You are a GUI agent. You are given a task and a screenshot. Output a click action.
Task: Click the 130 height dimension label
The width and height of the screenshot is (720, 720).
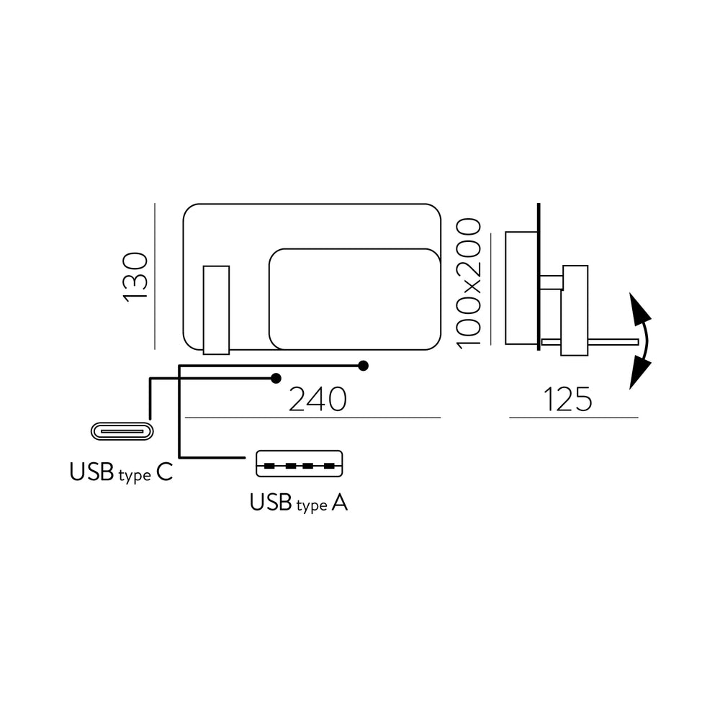point(136,277)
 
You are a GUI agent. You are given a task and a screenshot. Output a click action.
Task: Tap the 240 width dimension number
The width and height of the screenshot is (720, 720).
point(318,400)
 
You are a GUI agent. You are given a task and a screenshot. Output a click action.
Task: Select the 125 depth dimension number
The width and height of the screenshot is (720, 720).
point(567,400)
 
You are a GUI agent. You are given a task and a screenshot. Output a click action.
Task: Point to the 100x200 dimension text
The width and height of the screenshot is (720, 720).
point(469,283)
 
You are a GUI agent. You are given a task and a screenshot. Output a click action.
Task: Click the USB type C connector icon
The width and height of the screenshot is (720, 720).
point(122,431)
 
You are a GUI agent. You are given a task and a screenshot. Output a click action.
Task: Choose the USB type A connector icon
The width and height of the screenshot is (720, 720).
point(299,464)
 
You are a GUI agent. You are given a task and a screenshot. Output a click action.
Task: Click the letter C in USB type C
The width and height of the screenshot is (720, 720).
point(165,472)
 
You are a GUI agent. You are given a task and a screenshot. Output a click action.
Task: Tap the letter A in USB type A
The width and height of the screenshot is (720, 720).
point(339,503)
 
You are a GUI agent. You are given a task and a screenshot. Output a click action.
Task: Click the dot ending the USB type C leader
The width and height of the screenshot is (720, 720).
point(276,379)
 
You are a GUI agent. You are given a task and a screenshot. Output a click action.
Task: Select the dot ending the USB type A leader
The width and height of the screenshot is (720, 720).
point(363,366)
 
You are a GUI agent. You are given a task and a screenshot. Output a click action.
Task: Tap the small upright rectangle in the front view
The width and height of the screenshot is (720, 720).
point(216,310)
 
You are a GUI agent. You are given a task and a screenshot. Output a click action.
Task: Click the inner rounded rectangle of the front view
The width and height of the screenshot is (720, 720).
point(354,300)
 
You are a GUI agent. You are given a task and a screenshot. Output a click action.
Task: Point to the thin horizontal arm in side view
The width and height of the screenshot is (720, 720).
point(590,341)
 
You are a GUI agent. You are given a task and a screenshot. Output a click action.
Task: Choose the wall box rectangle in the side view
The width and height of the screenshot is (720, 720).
point(521,288)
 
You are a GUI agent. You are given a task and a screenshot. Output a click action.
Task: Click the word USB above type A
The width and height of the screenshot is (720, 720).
point(271,503)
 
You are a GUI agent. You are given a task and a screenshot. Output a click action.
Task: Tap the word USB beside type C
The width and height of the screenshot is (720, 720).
point(91,472)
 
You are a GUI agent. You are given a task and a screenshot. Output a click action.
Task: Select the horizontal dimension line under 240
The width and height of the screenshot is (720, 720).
point(312,418)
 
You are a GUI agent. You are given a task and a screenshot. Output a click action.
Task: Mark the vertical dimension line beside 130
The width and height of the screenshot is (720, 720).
point(156,276)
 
